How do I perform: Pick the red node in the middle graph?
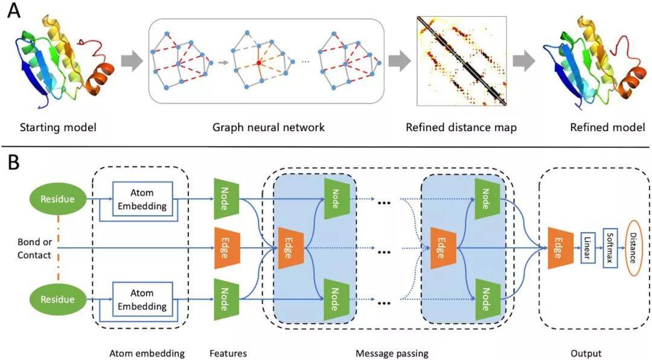258,63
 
